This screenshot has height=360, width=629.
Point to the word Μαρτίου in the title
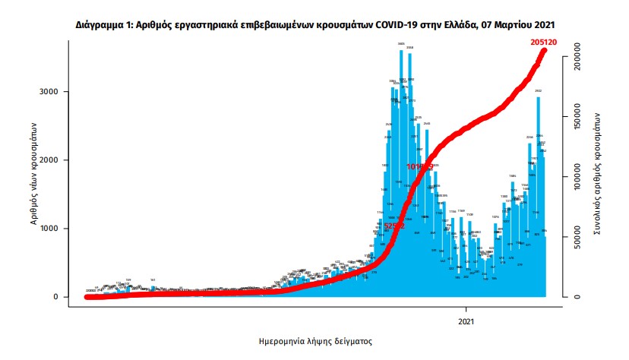[515, 25]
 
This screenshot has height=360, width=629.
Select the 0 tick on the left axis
[55, 297]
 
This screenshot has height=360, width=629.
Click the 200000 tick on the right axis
[577, 57]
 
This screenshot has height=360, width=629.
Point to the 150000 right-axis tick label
[577, 117]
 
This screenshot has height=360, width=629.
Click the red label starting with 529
[394, 226]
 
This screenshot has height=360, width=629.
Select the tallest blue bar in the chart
[401, 175]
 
